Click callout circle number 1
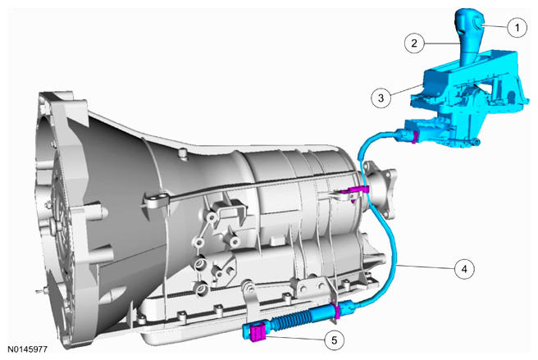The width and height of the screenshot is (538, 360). click(x=517, y=27)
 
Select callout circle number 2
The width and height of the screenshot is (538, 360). click(x=414, y=43)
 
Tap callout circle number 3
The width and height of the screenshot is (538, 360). click(x=381, y=98)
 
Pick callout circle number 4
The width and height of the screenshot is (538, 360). click(x=464, y=269)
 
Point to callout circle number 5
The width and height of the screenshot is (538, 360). click(x=334, y=340)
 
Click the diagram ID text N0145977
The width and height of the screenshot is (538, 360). click(x=27, y=349)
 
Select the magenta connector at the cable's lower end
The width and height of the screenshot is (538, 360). click(x=258, y=333)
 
